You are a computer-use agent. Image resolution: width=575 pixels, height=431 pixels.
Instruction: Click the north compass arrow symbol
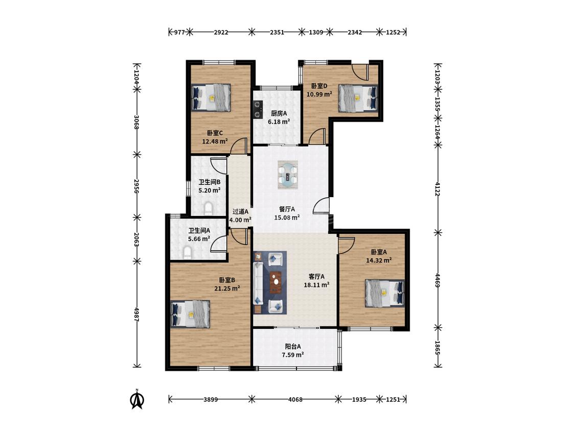point(137,399)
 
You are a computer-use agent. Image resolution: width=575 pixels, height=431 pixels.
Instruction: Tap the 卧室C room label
point(215,133)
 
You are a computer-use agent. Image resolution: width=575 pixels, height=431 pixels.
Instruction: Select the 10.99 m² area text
point(319,94)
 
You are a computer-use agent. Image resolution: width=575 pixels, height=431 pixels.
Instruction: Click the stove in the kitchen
point(258,109)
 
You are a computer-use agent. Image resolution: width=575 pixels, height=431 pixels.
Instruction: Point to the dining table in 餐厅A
point(288,175)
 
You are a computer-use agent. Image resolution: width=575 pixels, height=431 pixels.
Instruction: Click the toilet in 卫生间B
point(208,208)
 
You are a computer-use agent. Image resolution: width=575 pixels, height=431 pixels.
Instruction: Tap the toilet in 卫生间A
point(187,253)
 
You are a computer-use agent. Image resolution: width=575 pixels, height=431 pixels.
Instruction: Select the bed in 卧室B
point(191,314)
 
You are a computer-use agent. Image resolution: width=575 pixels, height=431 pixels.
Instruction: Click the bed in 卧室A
point(385,293)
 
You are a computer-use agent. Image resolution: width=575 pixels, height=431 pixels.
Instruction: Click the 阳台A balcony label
point(293,346)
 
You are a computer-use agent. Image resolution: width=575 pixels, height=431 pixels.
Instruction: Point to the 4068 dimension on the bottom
point(295,399)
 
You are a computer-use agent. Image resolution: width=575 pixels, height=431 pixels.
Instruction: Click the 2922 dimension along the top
point(221,32)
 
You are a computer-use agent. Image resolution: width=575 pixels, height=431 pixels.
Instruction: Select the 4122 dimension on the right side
point(438,188)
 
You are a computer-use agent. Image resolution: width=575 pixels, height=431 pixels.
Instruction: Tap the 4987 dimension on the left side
point(136,315)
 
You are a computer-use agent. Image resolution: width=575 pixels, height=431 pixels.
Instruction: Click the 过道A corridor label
point(241,211)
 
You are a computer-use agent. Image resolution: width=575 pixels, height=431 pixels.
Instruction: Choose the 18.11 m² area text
point(316,285)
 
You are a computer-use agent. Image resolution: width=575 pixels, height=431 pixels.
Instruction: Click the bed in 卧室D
point(358,98)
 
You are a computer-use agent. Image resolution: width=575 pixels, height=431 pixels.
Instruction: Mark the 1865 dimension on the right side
point(438,347)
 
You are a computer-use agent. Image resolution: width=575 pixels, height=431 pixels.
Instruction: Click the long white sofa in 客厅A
point(259,282)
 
